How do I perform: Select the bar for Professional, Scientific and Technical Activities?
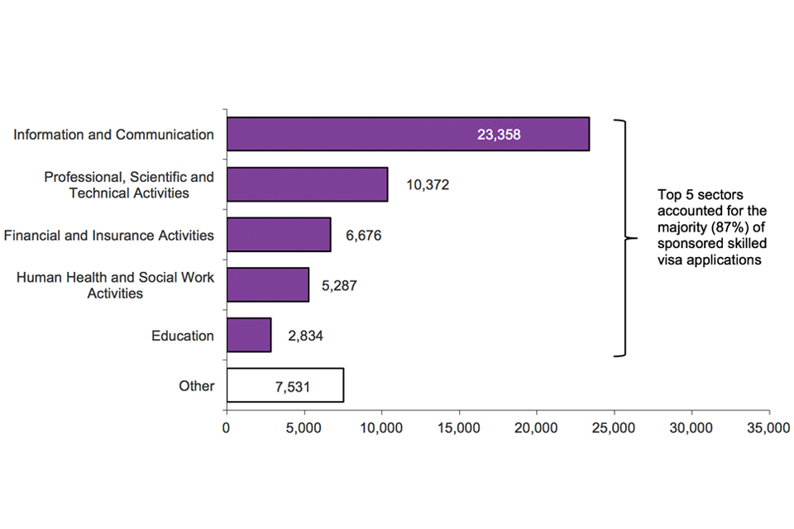(307, 184)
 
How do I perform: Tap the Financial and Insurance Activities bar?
(278, 235)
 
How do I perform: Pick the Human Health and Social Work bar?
(267, 284)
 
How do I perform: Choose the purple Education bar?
(248, 335)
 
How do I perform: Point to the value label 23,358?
(499, 134)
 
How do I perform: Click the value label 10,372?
(428, 185)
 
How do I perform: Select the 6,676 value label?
(364, 236)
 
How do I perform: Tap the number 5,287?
(339, 286)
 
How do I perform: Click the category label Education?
(183, 336)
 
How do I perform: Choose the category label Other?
(196, 386)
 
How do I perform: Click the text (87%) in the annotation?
(725, 228)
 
